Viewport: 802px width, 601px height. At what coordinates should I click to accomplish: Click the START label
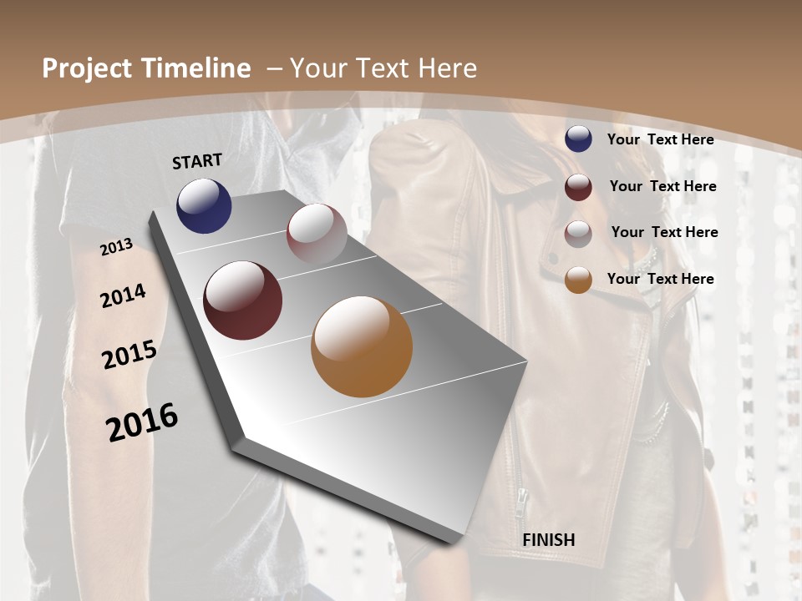click(197, 161)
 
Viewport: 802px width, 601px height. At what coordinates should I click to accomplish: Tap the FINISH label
click(549, 540)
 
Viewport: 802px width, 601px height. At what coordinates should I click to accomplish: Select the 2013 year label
click(117, 247)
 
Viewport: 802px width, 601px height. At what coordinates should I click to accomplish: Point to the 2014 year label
click(123, 296)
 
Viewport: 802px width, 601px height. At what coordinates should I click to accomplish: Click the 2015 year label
click(129, 355)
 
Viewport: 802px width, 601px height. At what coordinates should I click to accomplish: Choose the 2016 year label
click(142, 422)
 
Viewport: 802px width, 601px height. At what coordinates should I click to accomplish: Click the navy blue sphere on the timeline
click(204, 206)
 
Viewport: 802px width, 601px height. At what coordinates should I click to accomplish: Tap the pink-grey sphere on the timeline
click(317, 234)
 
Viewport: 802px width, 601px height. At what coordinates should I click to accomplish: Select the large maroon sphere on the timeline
click(243, 300)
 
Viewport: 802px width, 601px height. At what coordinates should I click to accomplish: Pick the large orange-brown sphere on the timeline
click(362, 346)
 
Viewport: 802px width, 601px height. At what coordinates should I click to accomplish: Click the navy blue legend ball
click(578, 139)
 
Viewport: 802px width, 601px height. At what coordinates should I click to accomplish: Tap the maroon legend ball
click(578, 187)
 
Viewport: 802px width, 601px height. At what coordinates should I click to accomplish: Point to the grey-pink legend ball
click(578, 234)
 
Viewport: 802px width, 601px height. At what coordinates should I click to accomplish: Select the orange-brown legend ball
click(578, 280)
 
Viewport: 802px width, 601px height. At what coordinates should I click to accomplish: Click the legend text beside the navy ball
click(660, 139)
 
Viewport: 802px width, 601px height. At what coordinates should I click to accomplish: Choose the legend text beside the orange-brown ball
click(660, 279)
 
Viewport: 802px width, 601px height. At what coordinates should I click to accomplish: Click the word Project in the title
click(87, 68)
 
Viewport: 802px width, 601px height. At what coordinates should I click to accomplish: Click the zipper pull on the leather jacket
click(521, 500)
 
